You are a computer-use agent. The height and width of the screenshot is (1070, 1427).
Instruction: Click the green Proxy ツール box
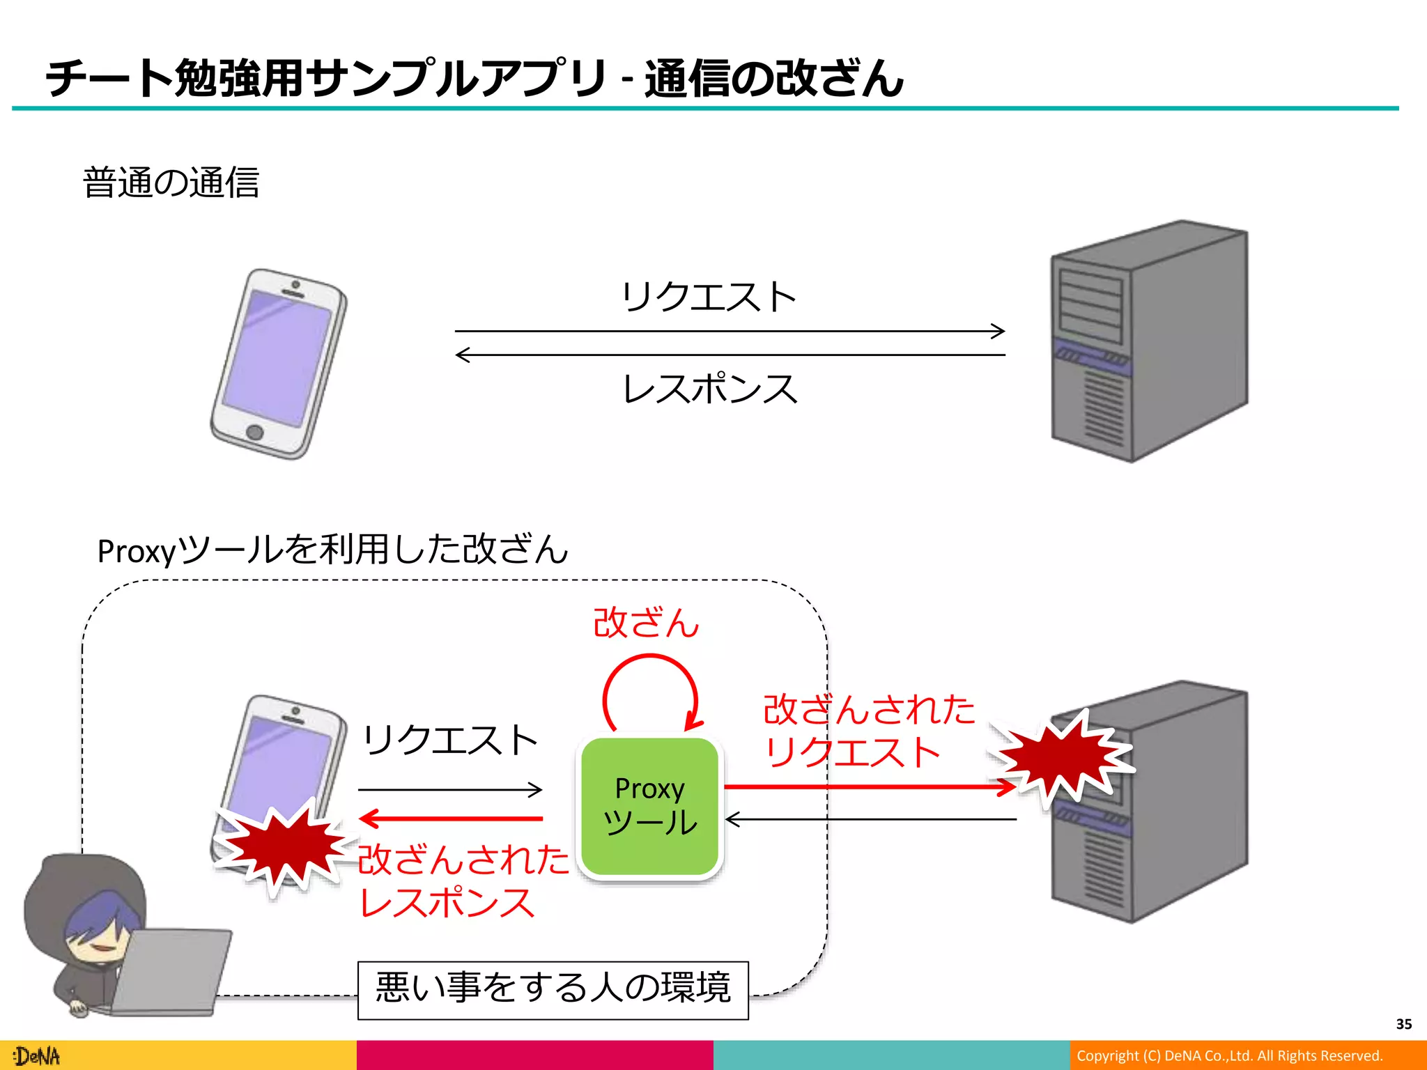649,807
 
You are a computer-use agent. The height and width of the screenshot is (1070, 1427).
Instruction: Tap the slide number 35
1403,1024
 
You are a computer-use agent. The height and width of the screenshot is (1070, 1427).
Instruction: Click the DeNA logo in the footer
38,1056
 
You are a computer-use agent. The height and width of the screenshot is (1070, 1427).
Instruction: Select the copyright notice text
1229,1056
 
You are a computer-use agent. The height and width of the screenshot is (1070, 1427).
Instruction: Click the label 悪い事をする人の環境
553,988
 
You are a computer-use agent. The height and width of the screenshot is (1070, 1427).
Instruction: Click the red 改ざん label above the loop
646,623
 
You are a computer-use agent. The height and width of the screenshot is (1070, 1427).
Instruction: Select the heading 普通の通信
171,183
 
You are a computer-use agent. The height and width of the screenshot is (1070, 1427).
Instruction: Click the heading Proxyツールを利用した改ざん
332,550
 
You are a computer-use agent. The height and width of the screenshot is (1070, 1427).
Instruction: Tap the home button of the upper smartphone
255,432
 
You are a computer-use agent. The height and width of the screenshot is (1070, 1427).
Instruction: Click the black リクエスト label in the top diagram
709,297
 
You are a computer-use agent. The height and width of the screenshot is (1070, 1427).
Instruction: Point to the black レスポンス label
709,389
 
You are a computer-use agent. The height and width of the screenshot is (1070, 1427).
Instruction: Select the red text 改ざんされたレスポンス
461,881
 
